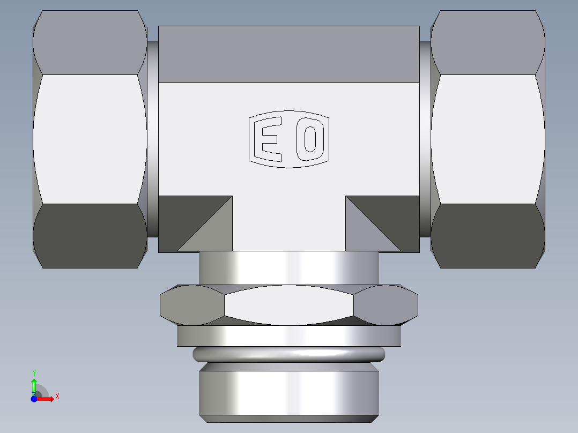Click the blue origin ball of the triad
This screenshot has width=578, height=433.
[x=34, y=399]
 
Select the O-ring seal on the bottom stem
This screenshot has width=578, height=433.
[x=289, y=354]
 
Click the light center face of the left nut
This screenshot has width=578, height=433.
[x=90, y=139]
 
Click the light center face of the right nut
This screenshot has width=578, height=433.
[x=488, y=139]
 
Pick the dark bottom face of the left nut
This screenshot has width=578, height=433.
[x=90, y=236]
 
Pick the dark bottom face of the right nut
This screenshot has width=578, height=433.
[x=488, y=236]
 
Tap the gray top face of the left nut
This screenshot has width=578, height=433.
[x=90, y=43]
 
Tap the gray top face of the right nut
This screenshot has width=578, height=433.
[x=488, y=43]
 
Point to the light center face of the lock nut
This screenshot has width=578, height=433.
[x=289, y=305]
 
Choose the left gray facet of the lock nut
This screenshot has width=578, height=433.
[x=192, y=305]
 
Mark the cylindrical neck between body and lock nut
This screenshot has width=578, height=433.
[x=289, y=268]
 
